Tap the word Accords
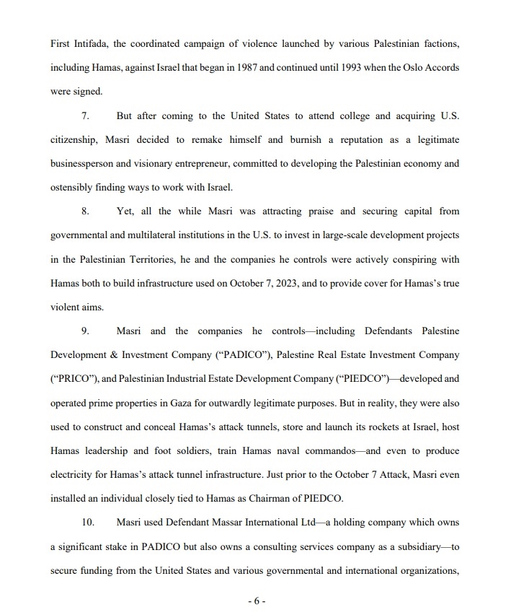click(440, 68)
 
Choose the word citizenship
click(74, 139)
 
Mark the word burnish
click(300, 139)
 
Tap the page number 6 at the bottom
click(257, 601)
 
